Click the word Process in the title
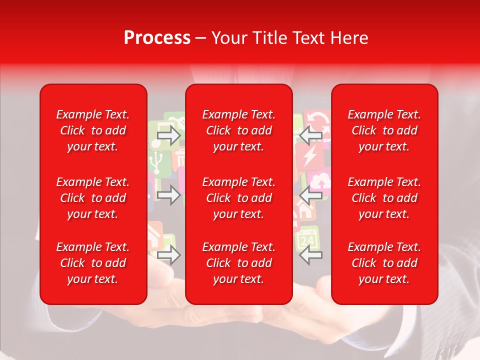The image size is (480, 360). coord(157,38)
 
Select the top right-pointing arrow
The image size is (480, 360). coord(169,135)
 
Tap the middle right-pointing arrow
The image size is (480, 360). coord(169,195)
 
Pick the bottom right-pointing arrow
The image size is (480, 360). coord(169,255)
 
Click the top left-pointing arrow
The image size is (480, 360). coord(310,135)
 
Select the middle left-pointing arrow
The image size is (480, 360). coord(310,195)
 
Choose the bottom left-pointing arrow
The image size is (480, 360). coord(310,255)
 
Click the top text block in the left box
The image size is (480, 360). coord(93,130)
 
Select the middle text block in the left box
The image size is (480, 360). coord(93,198)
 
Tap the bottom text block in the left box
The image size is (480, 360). coord(93,263)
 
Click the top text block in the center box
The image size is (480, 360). coord(238,130)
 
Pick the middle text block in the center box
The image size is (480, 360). coord(238,198)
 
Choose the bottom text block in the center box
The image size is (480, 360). coord(238,263)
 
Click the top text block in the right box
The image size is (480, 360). coord(384,130)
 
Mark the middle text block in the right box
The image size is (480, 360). coord(384,198)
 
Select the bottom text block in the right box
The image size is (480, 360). coord(384,263)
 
